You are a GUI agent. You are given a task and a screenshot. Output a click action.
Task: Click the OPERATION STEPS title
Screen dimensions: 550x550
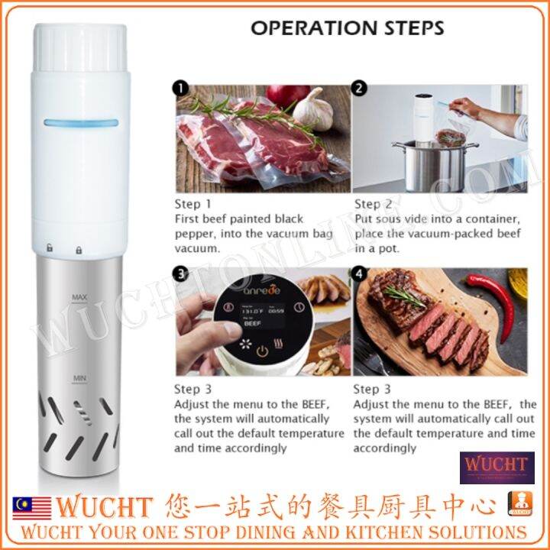(x=348, y=28)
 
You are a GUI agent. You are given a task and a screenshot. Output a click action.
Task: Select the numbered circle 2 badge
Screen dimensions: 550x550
(x=360, y=89)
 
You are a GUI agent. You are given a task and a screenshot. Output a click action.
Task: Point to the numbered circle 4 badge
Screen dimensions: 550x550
(x=360, y=273)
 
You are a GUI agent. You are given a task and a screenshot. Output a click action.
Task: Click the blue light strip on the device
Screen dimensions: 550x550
(x=81, y=122)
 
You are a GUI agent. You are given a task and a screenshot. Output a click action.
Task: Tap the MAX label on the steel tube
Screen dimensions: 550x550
(x=79, y=296)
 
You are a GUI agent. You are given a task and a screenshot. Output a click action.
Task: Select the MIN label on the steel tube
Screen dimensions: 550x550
(x=79, y=377)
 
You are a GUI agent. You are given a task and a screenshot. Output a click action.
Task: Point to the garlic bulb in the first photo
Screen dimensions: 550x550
(x=312, y=109)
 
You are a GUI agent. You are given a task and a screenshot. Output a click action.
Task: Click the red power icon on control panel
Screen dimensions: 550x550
(x=262, y=352)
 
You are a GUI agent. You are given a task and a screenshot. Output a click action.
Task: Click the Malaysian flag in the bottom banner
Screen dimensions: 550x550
(x=31, y=507)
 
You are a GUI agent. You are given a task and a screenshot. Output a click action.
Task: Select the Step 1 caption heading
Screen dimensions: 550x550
(x=193, y=204)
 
